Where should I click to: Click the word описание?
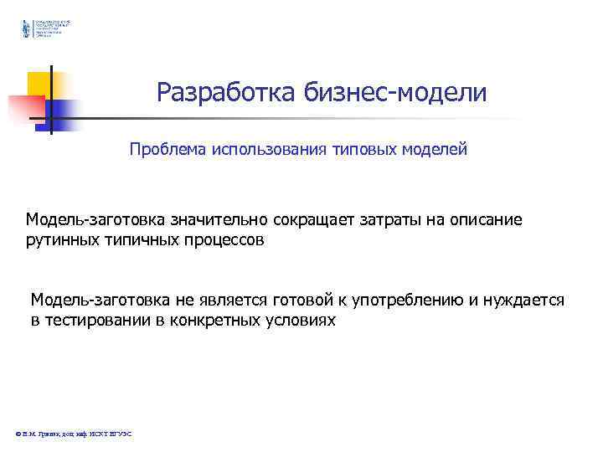(x=487, y=220)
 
